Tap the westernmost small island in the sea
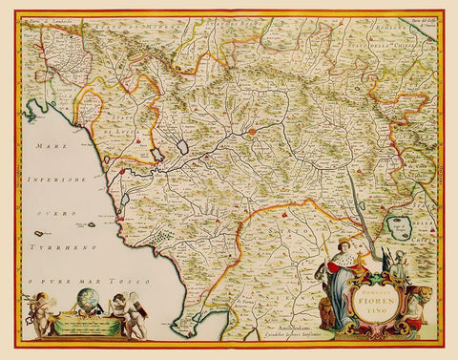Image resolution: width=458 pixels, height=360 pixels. coord(41,233)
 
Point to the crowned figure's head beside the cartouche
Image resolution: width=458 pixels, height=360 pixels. coord(344,246)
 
